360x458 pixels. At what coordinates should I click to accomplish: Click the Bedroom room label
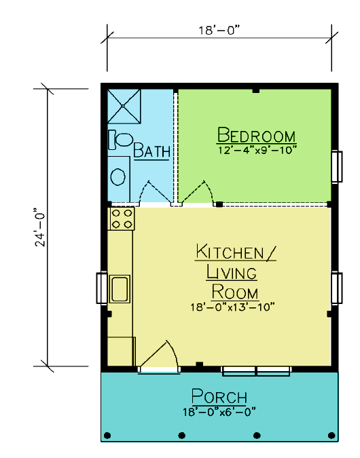257,135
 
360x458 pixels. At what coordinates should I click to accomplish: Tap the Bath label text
151,151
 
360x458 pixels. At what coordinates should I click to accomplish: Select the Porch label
219,396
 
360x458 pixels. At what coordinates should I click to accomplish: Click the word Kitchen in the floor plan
230,252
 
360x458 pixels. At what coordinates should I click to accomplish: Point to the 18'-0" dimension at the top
219,30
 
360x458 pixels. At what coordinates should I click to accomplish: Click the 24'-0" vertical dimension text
40,227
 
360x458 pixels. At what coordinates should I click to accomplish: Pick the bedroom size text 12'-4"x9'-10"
257,150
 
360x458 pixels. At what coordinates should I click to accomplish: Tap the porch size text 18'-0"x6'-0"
219,412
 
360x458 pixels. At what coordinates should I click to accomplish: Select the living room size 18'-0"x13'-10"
232,307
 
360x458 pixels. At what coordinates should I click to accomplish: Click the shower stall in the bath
124,106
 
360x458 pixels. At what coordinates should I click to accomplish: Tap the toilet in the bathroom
120,139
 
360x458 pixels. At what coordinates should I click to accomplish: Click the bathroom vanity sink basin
118,176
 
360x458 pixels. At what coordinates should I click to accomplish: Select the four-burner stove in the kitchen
122,218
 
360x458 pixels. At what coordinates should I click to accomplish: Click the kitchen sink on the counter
120,289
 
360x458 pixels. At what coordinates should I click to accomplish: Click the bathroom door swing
156,191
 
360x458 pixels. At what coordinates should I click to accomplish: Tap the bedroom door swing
196,191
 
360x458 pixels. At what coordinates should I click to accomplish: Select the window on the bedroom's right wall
337,166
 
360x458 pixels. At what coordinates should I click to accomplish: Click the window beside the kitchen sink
102,288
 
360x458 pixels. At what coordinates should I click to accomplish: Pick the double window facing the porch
256,371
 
